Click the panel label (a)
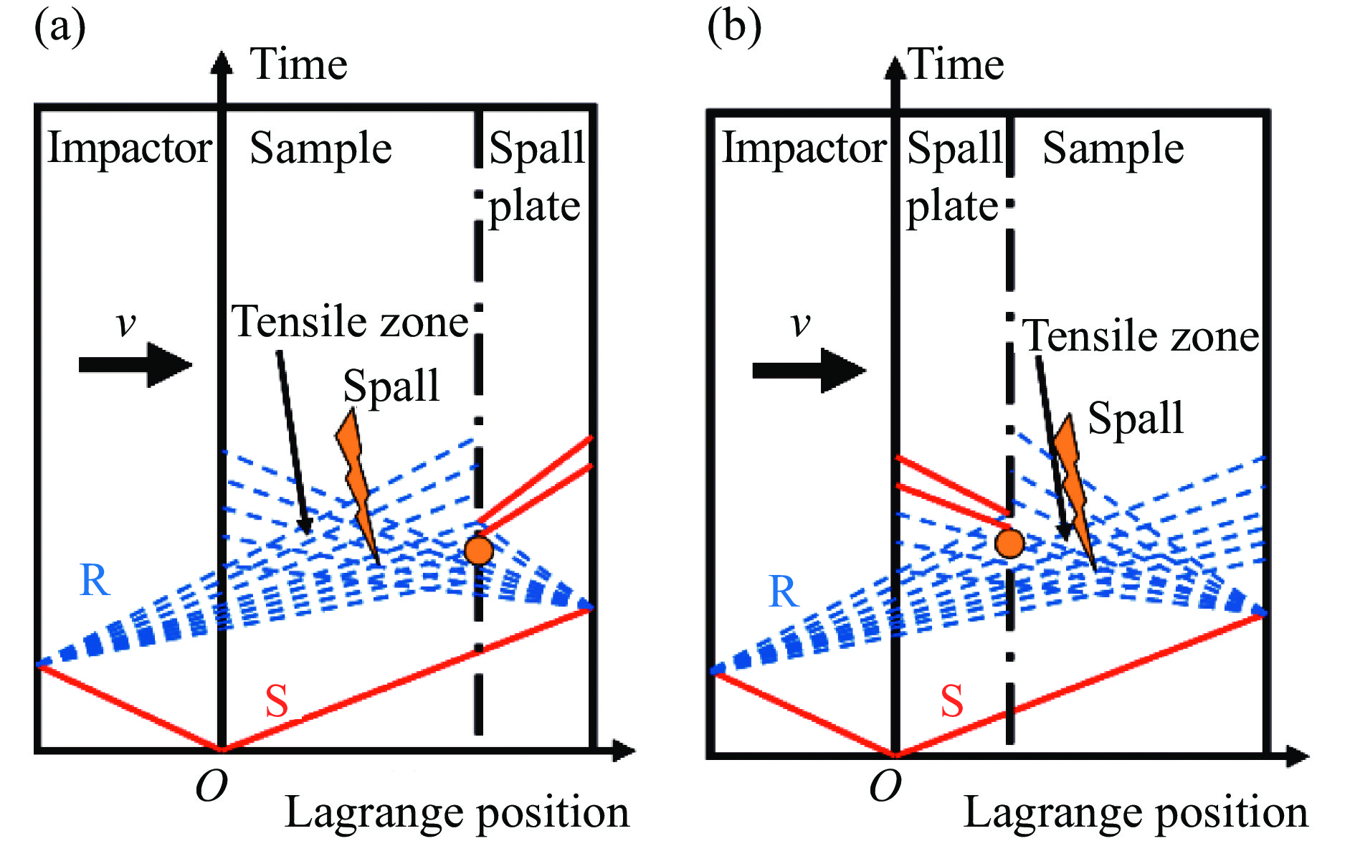coord(60,27)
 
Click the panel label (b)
coord(733,27)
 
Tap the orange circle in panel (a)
coord(478,551)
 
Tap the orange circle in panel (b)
coord(1009,543)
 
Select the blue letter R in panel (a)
coord(95,580)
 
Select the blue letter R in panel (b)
coord(783,592)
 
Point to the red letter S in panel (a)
coord(277,701)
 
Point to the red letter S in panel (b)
coord(951,701)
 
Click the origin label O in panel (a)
coord(211,787)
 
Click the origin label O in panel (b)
coord(885,787)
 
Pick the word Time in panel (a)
coord(298,65)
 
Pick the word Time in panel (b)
coord(956,65)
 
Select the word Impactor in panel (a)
coord(129,148)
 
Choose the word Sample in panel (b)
coord(1113,148)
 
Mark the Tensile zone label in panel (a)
coord(350,321)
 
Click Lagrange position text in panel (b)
coord(1136,813)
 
